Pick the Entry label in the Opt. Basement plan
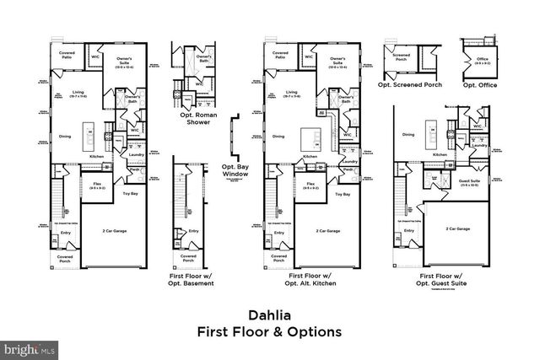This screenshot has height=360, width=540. click(194, 231)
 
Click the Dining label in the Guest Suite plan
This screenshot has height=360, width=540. click(408, 135)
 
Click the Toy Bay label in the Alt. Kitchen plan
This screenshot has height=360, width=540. click(343, 195)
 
